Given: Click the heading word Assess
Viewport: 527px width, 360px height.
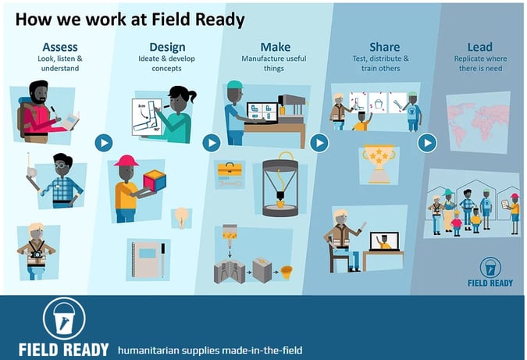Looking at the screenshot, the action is tap(60, 47).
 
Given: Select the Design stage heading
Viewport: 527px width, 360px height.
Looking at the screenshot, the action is tap(167, 48).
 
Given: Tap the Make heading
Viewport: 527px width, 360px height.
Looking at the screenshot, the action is tap(276, 47).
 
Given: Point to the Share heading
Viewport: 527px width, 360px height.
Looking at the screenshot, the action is tap(384, 47).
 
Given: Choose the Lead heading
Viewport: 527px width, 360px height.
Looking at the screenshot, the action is tap(479, 47).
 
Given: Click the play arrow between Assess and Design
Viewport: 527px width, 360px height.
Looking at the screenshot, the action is tap(104, 143).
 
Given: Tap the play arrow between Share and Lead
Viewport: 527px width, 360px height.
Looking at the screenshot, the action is tap(427, 143).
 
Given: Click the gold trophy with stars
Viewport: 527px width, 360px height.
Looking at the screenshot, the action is tap(379, 164).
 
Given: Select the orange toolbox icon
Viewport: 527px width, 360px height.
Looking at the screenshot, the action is tap(230, 169).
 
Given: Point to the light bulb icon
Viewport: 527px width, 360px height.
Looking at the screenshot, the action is tap(181, 217).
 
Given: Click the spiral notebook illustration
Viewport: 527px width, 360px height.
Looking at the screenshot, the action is tap(147, 259).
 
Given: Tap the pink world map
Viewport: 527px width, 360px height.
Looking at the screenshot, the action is tap(477, 122).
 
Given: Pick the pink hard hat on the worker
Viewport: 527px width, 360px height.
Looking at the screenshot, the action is tap(126, 161).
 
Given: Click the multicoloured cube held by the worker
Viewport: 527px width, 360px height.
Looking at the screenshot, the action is tap(155, 180).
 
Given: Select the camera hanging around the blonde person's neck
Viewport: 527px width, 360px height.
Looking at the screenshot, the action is tap(36, 254).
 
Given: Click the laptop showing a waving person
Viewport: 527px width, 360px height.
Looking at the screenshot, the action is tap(384, 241).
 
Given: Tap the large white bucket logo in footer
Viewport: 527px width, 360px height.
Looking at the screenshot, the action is tap(64, 319).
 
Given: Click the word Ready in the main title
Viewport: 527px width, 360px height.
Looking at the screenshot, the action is tap(220, 20).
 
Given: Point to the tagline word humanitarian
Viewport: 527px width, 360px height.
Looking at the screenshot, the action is tap(148, 351).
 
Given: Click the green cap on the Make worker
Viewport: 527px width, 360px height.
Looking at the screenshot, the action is tap(235, 84).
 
